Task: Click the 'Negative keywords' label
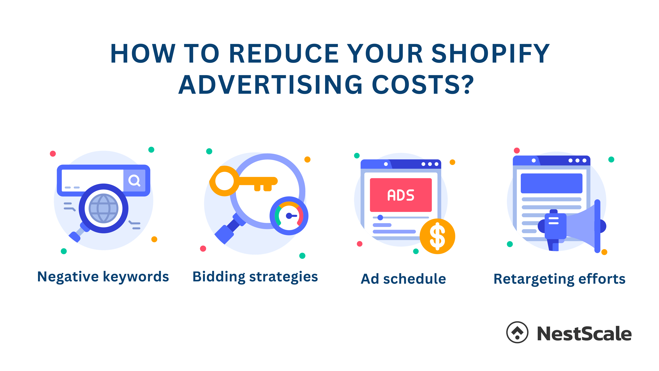click(x=103, y=277)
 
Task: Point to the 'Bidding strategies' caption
click(x=255, y=277)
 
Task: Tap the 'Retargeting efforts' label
click(x=560, y=279)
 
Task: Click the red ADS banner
click(x=401, y=195)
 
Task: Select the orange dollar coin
click(x=438, y=236)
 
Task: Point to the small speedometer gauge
click(x=289, y=216)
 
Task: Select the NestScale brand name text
click(x=584, y=334)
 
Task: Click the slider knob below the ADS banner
click(x=380, y=217)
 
